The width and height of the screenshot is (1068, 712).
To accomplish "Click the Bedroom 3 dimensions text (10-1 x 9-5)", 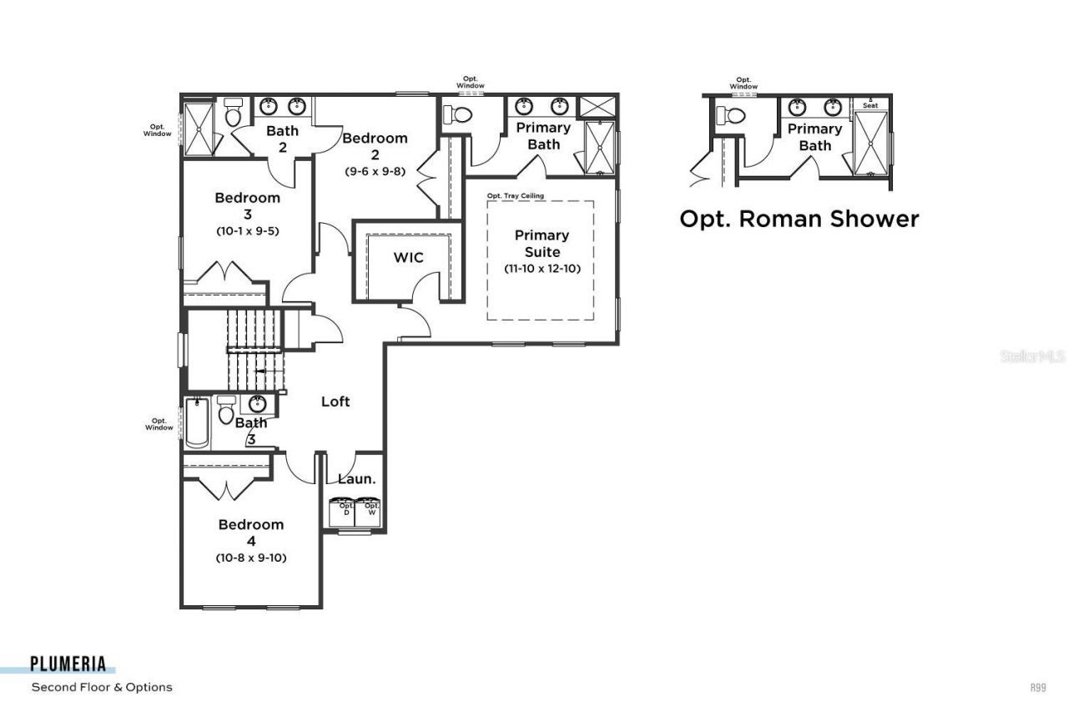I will pos(247,230).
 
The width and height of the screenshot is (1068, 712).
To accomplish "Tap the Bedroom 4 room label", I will pos(251,532).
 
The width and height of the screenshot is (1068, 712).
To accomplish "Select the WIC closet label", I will pos(409,258).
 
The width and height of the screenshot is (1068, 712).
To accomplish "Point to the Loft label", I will pos(335,401).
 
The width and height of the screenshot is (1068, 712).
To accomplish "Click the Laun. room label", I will pos(356,479).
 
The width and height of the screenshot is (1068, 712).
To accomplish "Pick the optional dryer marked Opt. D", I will pos(344,511).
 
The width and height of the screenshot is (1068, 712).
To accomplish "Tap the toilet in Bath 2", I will pos(233,113).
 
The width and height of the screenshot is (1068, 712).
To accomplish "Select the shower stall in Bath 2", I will pos(199,128).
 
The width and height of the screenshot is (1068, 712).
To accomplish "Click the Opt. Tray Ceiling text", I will pos(516,196).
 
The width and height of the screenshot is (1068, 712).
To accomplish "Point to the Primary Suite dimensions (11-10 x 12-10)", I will pos(542,269).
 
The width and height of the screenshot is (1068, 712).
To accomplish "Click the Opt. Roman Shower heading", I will pos(798,219).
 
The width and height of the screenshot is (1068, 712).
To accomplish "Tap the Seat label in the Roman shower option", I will pos(870,105).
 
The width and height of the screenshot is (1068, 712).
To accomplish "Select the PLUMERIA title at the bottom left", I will pos(68,664).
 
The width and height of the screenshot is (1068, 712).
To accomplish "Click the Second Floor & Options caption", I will pos(102,687).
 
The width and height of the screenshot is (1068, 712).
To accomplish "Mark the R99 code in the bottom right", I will pos(1038,688).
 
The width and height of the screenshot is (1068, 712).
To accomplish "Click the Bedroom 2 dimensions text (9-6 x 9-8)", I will pos(375,170).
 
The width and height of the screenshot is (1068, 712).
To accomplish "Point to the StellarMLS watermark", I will pos(1032,356).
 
